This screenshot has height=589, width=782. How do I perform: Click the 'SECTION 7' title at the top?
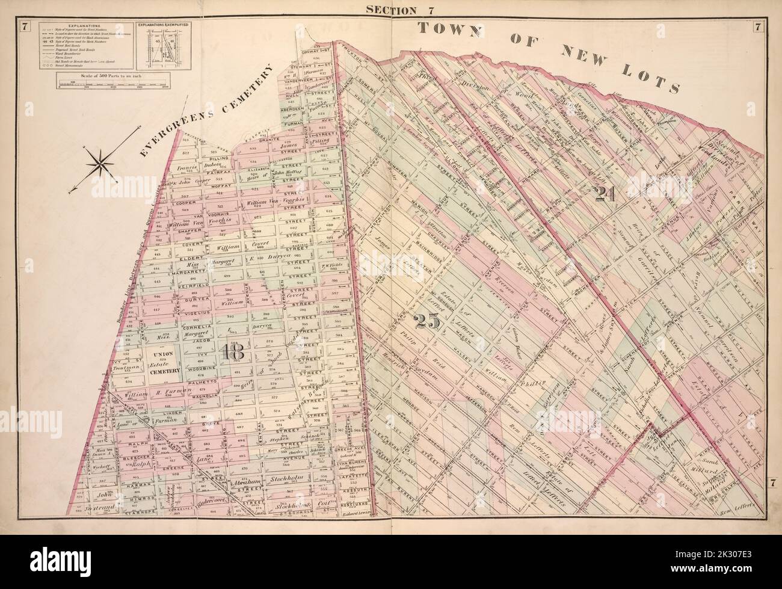[x=391, y=8]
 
